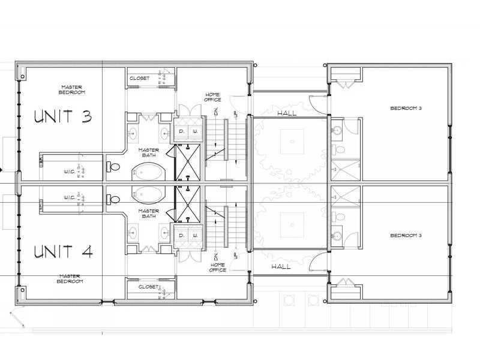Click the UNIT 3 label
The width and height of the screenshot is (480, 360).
(63, 116)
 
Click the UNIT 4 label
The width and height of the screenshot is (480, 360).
(63, 251)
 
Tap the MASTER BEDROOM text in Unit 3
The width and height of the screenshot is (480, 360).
(72, 89)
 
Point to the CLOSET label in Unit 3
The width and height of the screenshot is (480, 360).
(140, 78)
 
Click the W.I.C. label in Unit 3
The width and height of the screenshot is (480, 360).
(68, 172)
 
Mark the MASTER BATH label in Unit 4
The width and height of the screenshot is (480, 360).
(148, 213)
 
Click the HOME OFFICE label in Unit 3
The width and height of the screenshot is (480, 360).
(213, 97)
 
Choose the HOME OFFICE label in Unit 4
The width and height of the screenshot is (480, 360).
(217, 267)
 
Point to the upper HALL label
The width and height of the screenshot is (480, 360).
(287, 113)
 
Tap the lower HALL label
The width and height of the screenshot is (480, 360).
(281, 266)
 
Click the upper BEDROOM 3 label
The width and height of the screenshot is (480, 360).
(406, 109)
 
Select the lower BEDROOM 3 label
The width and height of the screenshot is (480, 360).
(406, 235)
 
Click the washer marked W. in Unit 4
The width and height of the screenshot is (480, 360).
(195, 236)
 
